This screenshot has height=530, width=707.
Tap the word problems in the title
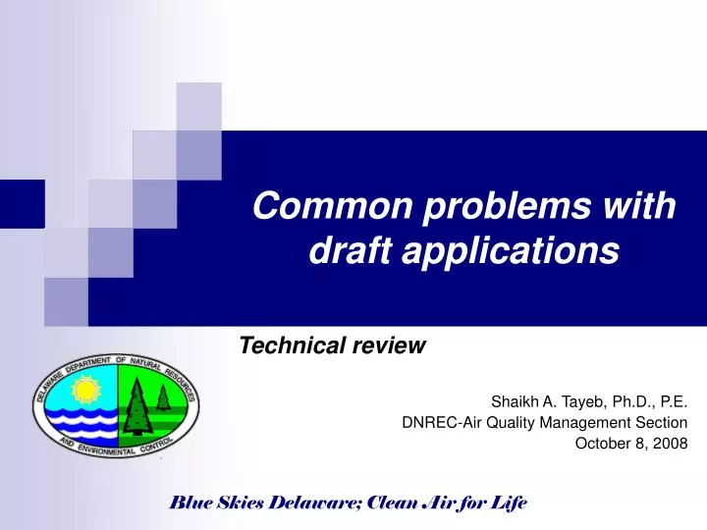coord(475,207)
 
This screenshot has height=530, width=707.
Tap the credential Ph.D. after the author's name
coord(618,400)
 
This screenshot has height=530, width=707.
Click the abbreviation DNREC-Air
coord(436,422)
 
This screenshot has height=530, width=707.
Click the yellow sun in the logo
coord(85,392)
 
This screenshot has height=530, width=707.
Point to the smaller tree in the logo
coord(162,394)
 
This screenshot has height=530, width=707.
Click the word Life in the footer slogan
coord(509,503)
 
